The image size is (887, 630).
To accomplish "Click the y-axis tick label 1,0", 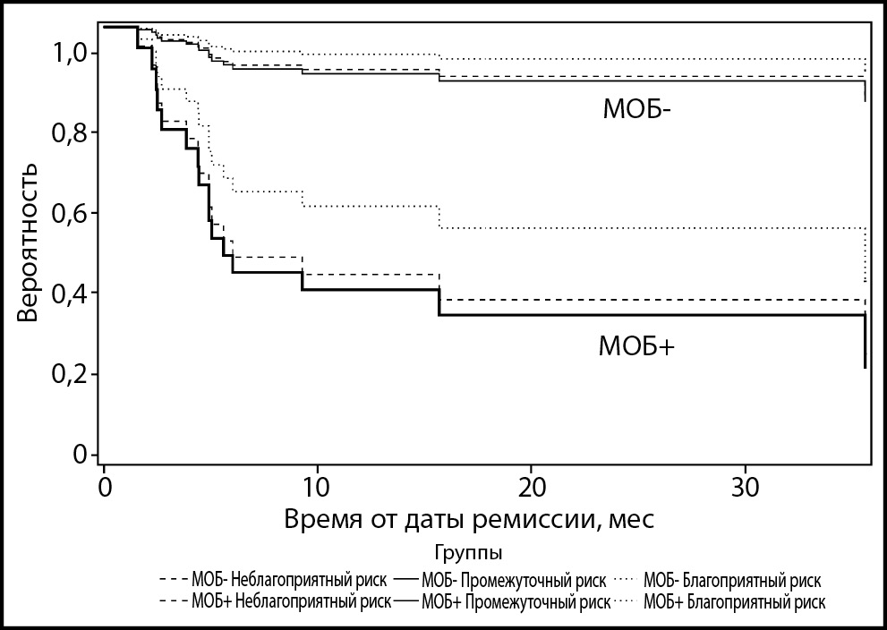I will click(x=68, y=54).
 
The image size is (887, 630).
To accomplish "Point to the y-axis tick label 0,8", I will click(x=68, y=133).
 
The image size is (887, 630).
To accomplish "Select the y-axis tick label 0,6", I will click(x=68, y=214).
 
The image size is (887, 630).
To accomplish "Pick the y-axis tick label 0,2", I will click(x=68, y=374).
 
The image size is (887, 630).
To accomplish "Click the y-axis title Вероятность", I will click(x=30, y=243).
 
